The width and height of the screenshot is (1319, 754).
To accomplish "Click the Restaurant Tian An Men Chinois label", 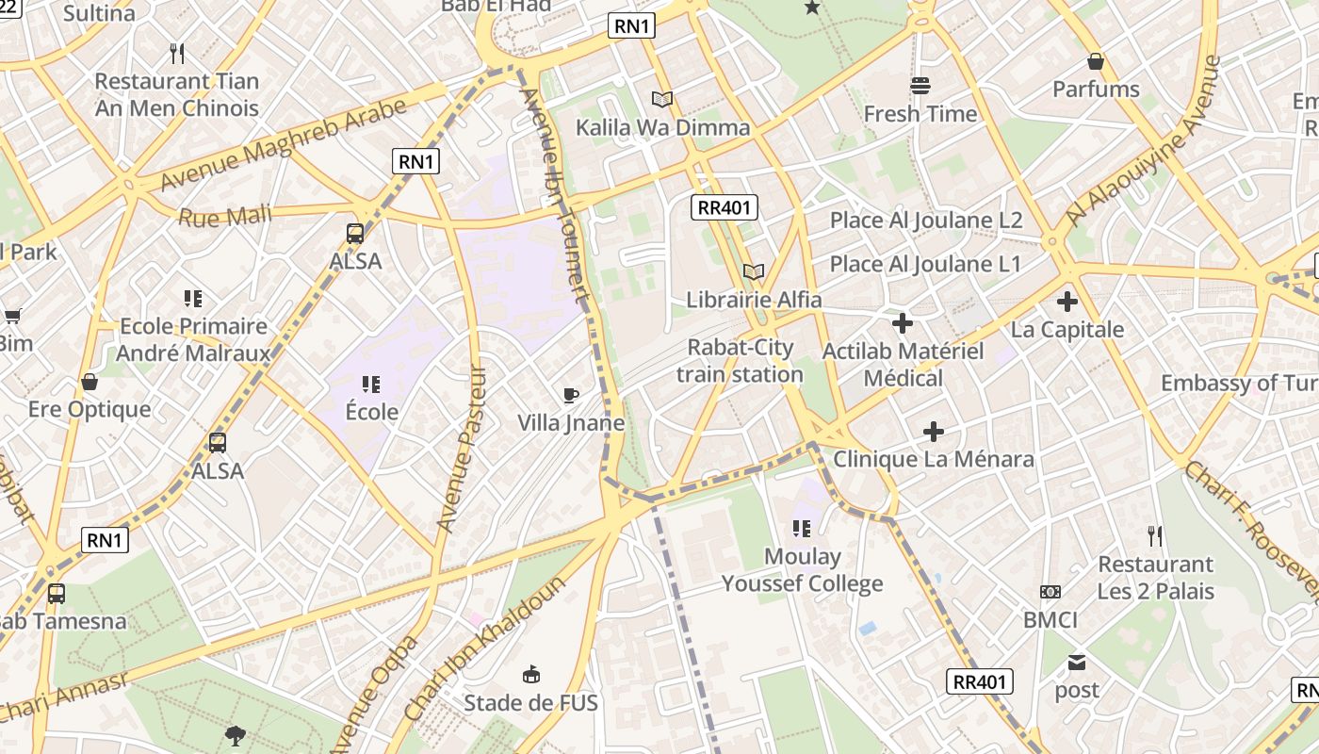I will (176, 94).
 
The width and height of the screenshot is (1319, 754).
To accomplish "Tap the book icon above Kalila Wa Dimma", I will (662, 99).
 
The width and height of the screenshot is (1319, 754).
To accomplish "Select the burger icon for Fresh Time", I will (920, 86).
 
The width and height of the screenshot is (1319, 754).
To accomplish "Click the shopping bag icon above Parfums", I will (1096, 61).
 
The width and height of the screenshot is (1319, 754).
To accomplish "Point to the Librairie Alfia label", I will (754, 300).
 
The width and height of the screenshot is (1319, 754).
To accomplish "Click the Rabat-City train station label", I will (740, 361).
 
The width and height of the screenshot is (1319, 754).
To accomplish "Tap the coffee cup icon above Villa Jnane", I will (570, 395).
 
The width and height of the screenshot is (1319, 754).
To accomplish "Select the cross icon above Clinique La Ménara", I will (934, 432).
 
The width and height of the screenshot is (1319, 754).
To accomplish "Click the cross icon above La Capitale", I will (1067, 302).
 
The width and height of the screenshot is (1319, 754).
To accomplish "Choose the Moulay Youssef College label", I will (802, 569).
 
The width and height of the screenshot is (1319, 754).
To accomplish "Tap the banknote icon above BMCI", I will (1050, 592).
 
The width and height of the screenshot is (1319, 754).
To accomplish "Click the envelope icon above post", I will (1077, 663).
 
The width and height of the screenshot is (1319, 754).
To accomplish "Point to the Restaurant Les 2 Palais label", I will (1155, 578).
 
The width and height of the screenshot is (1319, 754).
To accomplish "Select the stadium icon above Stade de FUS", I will (531, 674).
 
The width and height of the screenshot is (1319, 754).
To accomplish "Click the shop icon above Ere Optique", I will (90, 382).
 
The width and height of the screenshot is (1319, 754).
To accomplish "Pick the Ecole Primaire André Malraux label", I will (193, 339).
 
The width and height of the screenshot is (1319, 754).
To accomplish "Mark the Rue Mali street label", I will (225, 216).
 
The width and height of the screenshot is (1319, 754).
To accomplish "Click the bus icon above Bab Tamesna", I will (57, 594).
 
